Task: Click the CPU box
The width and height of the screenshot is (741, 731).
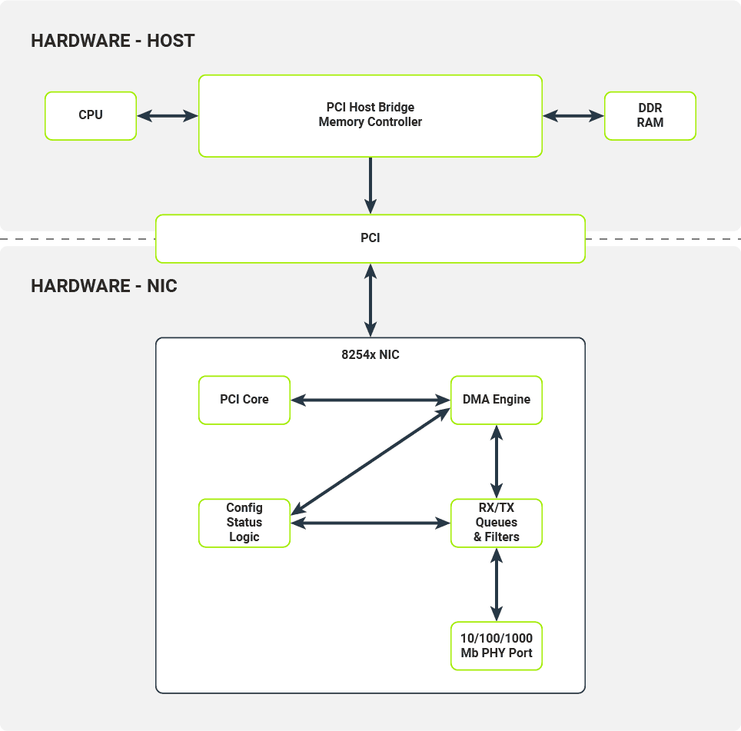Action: (x=91, y=116)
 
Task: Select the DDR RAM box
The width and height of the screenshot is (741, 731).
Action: (x=650, y=116)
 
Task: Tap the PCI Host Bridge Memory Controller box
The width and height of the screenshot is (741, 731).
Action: (x=370, y=116)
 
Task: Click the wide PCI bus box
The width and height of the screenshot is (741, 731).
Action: (x=370, y=238)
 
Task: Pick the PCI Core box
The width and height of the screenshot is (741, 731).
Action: (x=244, y=400)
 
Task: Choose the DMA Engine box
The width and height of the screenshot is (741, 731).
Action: (x=496, y=400)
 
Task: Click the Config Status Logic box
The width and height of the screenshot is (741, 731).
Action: (x=244, y=523)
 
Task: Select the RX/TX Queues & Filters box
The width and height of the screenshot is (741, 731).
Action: (x=496, y=523)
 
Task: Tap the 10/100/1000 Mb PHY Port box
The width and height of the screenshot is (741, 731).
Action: (x=496, y=646)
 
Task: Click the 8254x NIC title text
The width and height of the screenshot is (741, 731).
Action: (x=370, y=355)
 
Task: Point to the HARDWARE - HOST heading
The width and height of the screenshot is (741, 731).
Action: (x=113, y=41)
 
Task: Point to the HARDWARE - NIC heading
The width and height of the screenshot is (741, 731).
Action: (x=104, y=287)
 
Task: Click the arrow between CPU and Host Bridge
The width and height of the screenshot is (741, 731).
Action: (x=168, y=116)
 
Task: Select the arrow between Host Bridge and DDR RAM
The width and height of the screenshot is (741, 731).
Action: (x=573, y=116)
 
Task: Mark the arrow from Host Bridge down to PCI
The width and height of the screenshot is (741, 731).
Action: (x=370, y=184)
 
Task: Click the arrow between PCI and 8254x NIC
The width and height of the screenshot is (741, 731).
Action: (x=370, y=300)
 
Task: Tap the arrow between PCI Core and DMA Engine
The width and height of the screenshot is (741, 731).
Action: (x=370, y=400)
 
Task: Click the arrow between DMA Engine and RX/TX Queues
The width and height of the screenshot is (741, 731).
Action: (x=497, y=461)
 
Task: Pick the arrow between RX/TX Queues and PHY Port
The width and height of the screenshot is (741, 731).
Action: (x=497, y=584)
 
